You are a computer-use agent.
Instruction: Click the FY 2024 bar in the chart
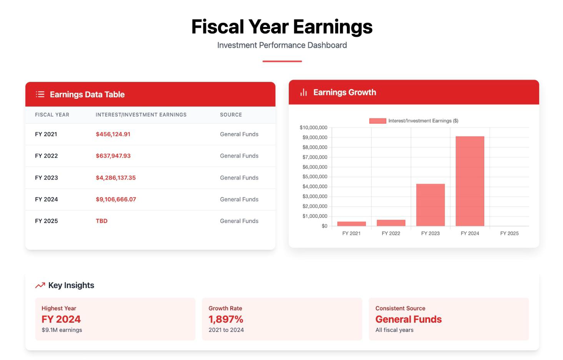470,181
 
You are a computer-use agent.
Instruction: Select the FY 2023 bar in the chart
430,205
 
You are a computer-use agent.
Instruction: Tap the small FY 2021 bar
351,224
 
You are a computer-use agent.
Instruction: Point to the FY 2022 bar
391,223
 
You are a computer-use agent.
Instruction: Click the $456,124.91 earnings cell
113,134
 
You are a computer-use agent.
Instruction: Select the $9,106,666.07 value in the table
116,199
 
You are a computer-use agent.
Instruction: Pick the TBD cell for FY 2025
102,221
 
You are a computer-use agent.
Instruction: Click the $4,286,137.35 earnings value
116,178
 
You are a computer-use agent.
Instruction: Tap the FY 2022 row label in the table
47,156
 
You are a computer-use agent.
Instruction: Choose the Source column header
231,115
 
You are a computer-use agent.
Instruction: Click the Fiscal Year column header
52,115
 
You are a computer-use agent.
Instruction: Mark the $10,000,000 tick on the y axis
313,128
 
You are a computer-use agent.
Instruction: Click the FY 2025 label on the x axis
509,233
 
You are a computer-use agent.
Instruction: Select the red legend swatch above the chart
377,121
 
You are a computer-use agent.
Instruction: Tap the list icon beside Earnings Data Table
40,94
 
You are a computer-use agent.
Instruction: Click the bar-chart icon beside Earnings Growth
303,92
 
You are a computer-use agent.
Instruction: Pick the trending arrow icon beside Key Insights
40,285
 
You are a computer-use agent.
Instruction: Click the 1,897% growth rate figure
226,319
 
